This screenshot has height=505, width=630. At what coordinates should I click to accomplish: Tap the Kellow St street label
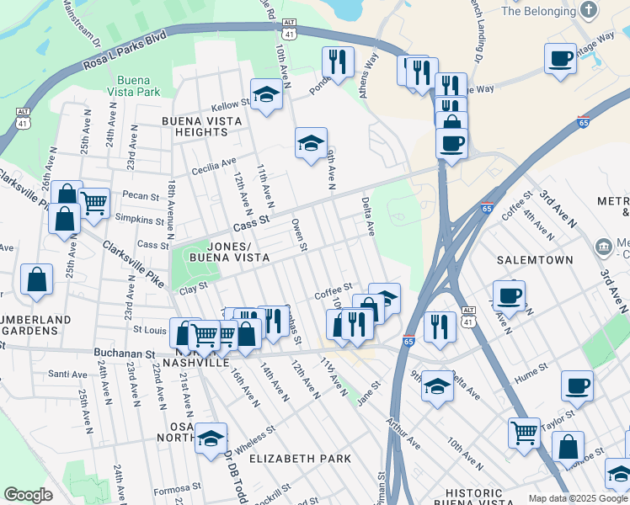pos(232,105)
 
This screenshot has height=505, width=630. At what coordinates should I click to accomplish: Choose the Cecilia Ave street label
pos(216,162)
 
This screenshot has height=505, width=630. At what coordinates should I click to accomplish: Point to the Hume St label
pos(531,368)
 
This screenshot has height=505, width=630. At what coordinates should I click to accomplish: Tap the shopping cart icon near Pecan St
pos(94,202)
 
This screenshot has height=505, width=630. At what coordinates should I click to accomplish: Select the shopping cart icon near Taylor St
pos(524,433)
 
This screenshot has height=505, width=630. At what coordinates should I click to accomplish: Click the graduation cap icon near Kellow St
pos(266,94)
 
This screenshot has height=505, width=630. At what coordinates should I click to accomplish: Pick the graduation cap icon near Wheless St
pos(211,438)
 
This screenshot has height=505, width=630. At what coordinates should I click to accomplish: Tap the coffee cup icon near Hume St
pos(578,385)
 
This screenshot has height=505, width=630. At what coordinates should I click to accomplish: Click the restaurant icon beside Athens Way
pos(337,61)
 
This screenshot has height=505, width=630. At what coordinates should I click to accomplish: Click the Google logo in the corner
pos(28,495)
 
